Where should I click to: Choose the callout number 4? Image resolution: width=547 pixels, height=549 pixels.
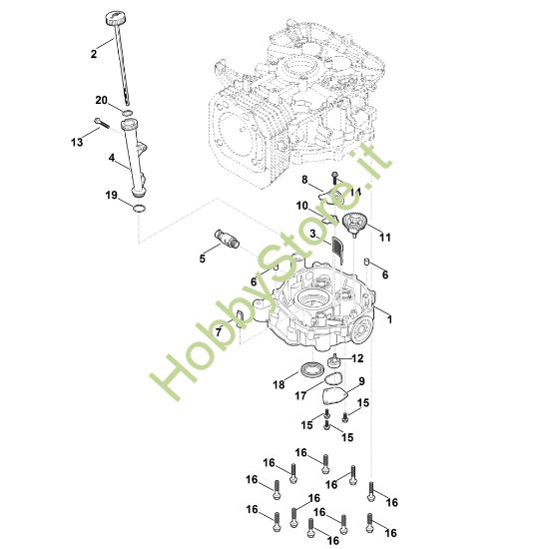pyautogui.click(x=112, y=157)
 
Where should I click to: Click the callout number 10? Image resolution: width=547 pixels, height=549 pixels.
pyautogui.click(x=301, y=206)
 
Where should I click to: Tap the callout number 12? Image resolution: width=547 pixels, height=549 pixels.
pyautogui.click(x=358, y=358)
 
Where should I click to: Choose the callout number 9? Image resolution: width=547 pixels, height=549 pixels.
pyautogui.click(x=361, y=381)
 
